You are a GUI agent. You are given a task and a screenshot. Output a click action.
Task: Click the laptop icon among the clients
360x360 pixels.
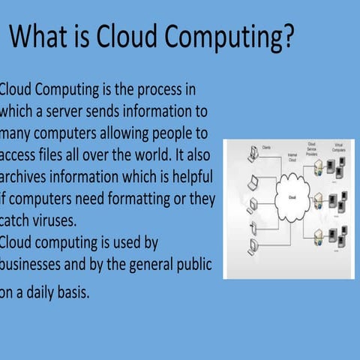(253, 181)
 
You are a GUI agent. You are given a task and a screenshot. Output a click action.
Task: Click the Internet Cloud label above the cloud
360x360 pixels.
(292, 157)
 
